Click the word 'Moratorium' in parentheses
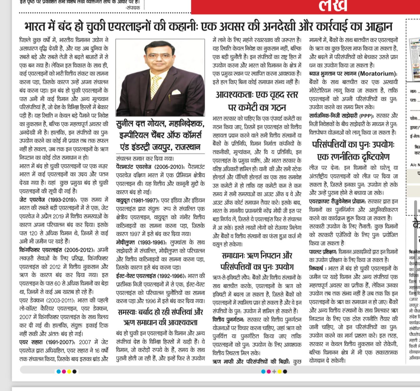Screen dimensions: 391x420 (377, 74)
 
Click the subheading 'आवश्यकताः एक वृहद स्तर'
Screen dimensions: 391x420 (257, 95)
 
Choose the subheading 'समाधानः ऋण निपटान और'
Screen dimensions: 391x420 (257, 255)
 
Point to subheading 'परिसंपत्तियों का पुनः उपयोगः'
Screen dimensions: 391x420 (353, 144)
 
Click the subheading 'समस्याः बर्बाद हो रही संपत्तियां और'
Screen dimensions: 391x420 (161, 313)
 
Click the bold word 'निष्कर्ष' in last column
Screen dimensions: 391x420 (317, 268)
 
